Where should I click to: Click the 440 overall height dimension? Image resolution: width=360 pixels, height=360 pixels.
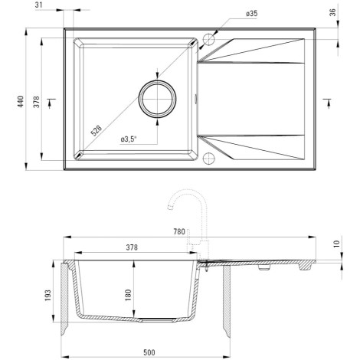21,101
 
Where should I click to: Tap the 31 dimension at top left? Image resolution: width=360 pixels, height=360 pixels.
38,5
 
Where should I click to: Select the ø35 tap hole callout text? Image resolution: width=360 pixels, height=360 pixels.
252,14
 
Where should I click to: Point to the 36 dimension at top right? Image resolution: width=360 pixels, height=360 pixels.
333,12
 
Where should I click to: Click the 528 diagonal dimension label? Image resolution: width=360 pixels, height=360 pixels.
97,131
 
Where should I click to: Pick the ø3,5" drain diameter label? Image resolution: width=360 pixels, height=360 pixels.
129,139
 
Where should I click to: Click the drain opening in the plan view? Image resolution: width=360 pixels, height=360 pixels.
157,99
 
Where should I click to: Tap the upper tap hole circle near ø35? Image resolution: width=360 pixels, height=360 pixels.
209,40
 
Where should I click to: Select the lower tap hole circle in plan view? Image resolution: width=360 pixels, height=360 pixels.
209,158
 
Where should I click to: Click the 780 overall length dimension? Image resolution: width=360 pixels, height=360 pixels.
179,231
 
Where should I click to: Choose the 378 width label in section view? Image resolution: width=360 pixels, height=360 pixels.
132,247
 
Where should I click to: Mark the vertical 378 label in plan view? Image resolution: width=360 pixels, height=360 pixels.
37,102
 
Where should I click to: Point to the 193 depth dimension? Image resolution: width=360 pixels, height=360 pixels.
48,295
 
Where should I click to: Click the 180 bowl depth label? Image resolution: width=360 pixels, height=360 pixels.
128,295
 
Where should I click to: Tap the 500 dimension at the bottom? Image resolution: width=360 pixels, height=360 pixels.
149,352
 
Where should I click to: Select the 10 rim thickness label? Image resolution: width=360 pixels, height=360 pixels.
337,244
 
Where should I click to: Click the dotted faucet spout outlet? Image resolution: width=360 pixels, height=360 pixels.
170,207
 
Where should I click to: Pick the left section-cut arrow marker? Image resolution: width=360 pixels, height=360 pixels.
51,103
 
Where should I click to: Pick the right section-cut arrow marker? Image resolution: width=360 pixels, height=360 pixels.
327,103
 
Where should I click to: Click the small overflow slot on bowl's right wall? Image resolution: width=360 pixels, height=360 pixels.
196,99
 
